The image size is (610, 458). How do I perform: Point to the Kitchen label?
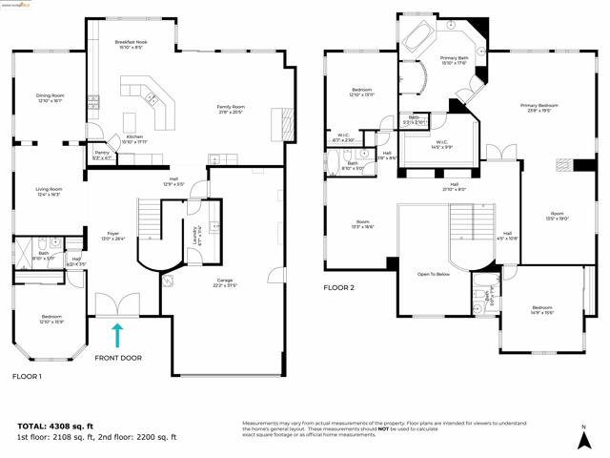tap(134, 138)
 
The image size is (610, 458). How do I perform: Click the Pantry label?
tap(102, 155)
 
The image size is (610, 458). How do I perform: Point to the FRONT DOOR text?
tap(118, 359)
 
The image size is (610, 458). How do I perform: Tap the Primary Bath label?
tap(454, 61)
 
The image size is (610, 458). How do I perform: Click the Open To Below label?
tap(433, 273)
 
